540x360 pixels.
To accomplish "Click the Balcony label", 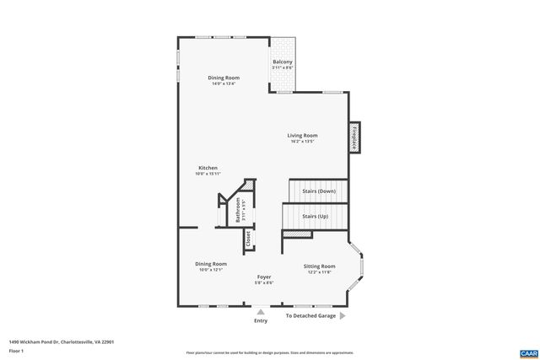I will point(282,62).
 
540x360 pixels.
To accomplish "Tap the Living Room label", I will point(302,135).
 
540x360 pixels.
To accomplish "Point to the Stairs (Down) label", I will point(319,191).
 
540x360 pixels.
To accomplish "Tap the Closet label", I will point(248,239).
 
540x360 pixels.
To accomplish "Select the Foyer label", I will point(264,277).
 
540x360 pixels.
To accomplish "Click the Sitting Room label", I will point(320,266).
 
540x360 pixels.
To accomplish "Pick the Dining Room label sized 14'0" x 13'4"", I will point(224,78).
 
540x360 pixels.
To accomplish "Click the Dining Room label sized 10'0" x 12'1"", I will point(212,264).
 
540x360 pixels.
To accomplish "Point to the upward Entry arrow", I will point(261,309).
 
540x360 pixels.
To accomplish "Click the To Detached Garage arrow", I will point(343,316).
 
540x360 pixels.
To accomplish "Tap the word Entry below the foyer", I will point(261,320).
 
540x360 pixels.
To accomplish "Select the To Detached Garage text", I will point(310,316).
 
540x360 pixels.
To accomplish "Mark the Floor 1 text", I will point(16,350).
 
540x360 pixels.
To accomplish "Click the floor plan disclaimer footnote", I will point(270,352).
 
